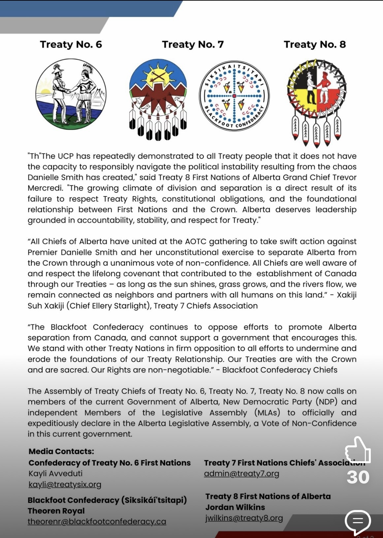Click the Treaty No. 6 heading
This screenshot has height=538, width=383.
pyautogui.click(x=71, y=45)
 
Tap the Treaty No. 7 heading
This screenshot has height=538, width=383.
pyautogui.click(x=193, y=45)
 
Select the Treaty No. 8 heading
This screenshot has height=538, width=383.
pyautogui.click(x=315, y=45)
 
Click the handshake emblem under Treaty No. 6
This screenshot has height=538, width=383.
pyautogui.click(x=71, y=94)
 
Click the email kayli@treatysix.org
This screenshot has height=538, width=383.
pyautogui.click(x=65, y=484)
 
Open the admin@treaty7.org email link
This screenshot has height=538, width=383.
pyautogui.click(x=241, y=474)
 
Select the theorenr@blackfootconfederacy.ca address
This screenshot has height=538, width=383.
pyautogui.click(x=97, y=522)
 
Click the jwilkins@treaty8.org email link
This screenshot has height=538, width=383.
pyautogui.click(x=244, y=518)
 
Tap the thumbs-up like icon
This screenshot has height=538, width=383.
pyautogui.click(x=358, y=450)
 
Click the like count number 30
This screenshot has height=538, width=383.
pyautogui.click(x=358, y=477)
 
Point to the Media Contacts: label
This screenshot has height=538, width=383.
pyautogui.click(x=61, y=451)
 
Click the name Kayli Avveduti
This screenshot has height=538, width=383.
pyautogui.click(x=55, y=473)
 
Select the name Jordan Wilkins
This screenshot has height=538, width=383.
pyautogui.click(x=235, y=507)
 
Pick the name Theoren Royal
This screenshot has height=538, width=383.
pyautogui.click(x=56, y=511)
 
